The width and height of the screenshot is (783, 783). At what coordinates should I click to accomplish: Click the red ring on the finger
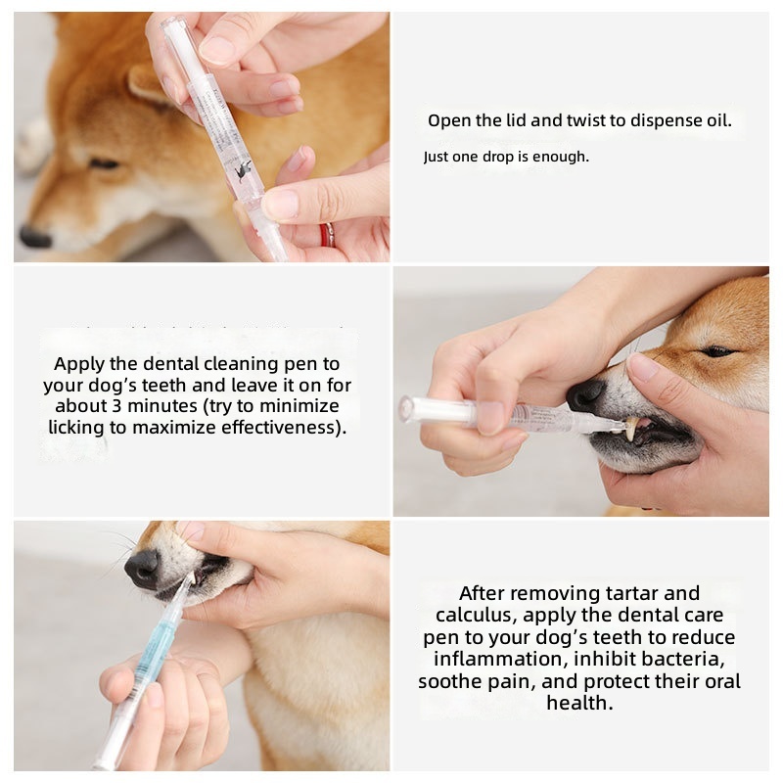click(327, 235)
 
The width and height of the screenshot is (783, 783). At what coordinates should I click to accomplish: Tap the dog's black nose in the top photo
click(34, 237)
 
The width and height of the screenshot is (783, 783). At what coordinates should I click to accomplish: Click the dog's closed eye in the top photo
click(104, 163)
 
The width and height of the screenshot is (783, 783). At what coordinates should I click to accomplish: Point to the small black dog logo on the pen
click(243, 170)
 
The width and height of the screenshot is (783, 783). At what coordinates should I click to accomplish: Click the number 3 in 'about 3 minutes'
click(116, 405)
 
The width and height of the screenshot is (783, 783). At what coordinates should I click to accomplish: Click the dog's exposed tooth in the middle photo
click(630, 429)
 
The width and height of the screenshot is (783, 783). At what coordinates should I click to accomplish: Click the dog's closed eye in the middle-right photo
click(717, 351)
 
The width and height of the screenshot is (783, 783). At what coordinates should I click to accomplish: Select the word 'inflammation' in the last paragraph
click(501, 659)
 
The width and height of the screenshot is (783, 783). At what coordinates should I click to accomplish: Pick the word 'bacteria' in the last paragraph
click(681, 659)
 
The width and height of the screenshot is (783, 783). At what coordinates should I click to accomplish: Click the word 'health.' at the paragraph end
click(579, 703)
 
